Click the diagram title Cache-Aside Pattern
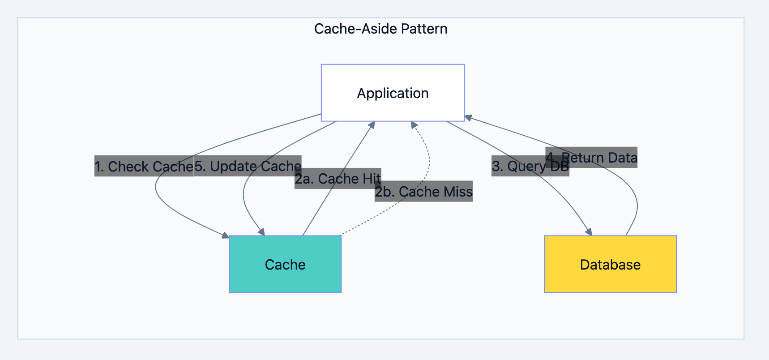(380, 29)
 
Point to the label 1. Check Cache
(144, 166)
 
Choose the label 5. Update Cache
(248, 166)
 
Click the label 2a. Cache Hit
(338, 179)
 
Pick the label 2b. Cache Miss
(423, 192)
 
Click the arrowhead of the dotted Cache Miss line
(414, 125)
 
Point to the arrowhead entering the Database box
(589, 232)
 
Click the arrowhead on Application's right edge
(468, 118)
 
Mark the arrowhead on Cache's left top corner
(225, 235)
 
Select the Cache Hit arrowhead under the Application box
(372, 125)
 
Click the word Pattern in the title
(424, 29)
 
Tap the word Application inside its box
(393, 93)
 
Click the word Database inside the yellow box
(610, 265)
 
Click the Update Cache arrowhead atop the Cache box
(262, 232)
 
